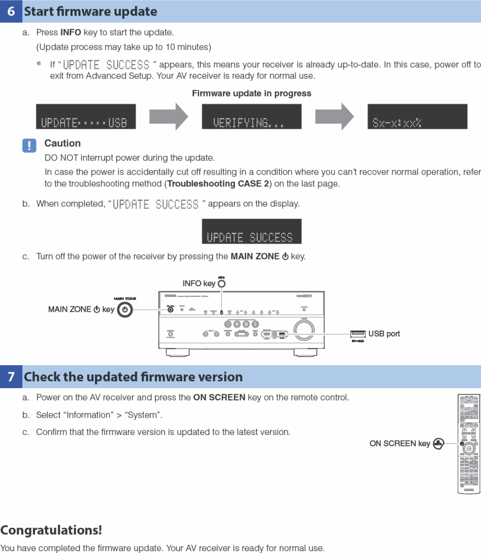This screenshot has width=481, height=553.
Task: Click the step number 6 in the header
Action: [x=11, y=12]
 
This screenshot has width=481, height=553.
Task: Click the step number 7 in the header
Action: [x=11, y=377]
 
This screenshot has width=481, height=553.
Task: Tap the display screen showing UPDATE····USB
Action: [x=86, y=117]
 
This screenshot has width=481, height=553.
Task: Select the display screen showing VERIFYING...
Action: [x=251, y=117]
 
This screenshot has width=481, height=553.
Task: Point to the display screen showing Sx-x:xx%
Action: [x=417, y=117]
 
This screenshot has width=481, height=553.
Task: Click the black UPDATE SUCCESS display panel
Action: [x=251, y=231]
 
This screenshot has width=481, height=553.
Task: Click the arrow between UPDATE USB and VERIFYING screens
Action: [x=168, y=117]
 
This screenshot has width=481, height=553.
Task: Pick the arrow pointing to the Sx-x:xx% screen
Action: [x=335, y=117]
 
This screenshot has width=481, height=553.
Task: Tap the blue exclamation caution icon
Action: [x=29, y=146]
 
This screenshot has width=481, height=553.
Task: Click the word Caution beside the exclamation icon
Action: [x=62, y=143]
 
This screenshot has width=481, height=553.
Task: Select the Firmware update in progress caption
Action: [x=251, y=94]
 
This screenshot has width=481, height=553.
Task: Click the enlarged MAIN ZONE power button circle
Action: [x=125, y=310]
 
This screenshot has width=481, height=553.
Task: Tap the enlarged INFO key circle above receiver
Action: [x=222, y=283]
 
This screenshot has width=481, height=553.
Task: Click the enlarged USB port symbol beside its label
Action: [x=357, y=333]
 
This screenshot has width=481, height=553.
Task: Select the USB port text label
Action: [x=384, y=334]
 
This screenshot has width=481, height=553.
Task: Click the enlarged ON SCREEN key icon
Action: [x=437, y=443]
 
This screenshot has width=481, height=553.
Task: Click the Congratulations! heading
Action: [x=51, y=531]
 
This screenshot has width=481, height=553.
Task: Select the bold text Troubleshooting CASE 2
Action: [x=218, y=184]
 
